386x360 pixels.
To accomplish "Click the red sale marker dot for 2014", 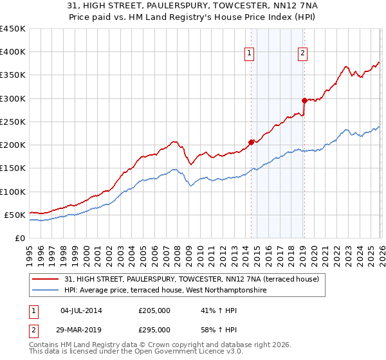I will (251, 142).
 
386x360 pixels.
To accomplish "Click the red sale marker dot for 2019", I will (304, 100).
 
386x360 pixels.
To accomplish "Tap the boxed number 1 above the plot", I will (249, 54).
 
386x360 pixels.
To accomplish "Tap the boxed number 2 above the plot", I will (302, 54).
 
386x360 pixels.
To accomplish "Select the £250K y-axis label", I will (13, 122).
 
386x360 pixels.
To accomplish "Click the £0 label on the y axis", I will (19, 238).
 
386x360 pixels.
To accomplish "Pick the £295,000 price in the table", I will (154, 329).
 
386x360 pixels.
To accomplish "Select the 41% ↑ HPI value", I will (210, 310).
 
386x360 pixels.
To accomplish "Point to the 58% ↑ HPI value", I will (210, 329).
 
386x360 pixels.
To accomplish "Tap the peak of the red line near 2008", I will (174, 141).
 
